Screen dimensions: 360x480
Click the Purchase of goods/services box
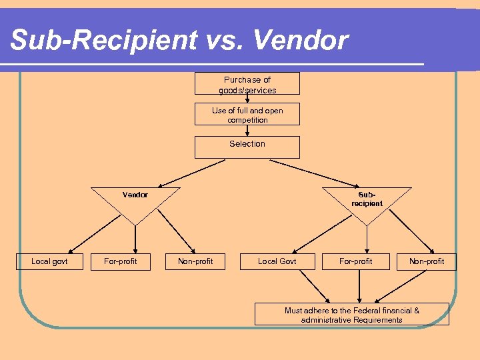[x=247, y=84]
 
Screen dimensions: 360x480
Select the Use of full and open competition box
[x=247, y=115]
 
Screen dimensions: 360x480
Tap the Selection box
[x=247, y=147]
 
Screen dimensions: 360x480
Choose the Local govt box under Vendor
[x=49, y=261]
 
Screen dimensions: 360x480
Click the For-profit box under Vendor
[x=121, y=261]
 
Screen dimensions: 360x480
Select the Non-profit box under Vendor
[x=195, y=261]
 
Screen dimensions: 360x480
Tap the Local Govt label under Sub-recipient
[x=277, y=261]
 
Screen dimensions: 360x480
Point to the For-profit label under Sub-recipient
[x=356, y=261]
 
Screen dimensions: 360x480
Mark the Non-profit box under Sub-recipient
[x=427, y=261]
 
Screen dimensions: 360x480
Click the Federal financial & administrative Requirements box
[x=351, y=315]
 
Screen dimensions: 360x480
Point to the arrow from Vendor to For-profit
[x=135, y=237]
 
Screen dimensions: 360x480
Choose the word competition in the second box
[x=247, y=120]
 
